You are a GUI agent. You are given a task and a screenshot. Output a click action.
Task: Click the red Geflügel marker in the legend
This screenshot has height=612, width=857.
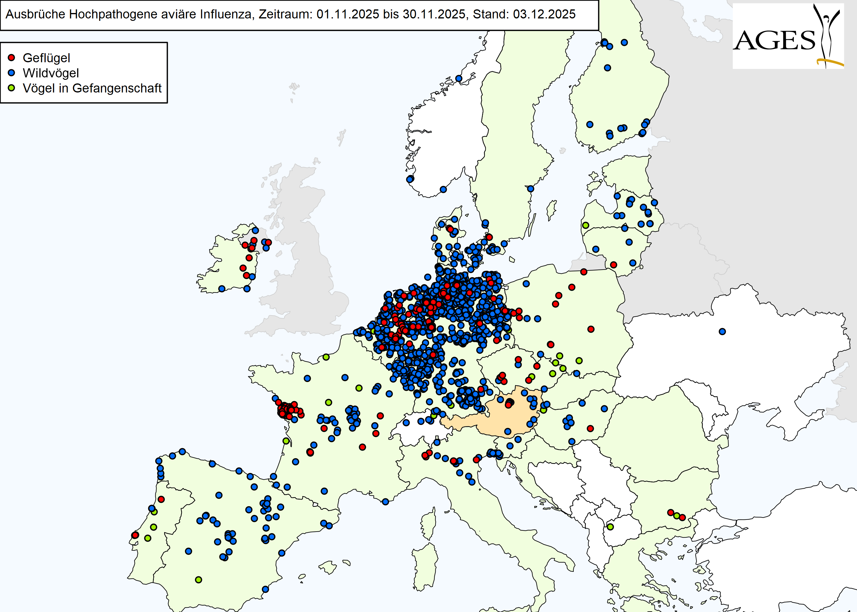tap(11, 58)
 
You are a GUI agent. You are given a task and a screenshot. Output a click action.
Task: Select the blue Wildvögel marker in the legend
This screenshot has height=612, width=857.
tap(11, 73)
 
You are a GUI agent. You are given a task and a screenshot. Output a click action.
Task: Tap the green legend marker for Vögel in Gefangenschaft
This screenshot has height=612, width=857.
tap(11, 88)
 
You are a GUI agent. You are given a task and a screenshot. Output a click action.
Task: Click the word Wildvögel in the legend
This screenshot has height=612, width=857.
tap(51, 73)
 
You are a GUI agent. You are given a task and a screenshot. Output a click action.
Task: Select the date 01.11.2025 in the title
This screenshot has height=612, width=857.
tap(347, 14)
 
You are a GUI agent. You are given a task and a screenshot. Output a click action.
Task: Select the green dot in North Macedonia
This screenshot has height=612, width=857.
tap(610, 527)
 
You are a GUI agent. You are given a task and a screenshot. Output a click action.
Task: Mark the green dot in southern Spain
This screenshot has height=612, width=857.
tap(199, 580)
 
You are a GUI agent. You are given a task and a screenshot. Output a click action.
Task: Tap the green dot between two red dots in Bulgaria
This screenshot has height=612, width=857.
tap(677, 516)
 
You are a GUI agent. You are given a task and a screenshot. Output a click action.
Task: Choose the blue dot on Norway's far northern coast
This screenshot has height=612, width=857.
tap(459, 78)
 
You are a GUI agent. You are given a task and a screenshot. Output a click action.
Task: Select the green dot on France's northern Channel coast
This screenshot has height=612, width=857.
tap(326, 357)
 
